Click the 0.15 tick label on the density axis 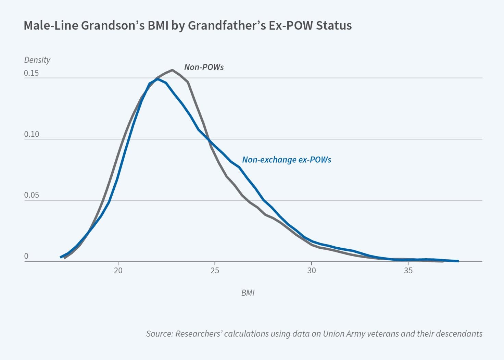point(32,73)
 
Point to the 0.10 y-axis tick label point(32,134)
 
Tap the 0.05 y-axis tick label point(32,195)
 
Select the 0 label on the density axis point(26,256)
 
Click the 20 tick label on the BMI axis point(118,271)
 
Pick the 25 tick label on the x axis point(215,271)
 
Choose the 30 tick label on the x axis point(312,271)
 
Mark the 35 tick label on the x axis point(408,271)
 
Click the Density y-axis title point(37,60)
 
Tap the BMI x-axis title point(248,293)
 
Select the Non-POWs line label point(204,67)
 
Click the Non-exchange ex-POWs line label point(287,160)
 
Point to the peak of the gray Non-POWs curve point(172,70)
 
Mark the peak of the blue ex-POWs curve point(157,79)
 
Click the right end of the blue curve point(458,261)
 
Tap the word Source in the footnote point(159,334)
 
